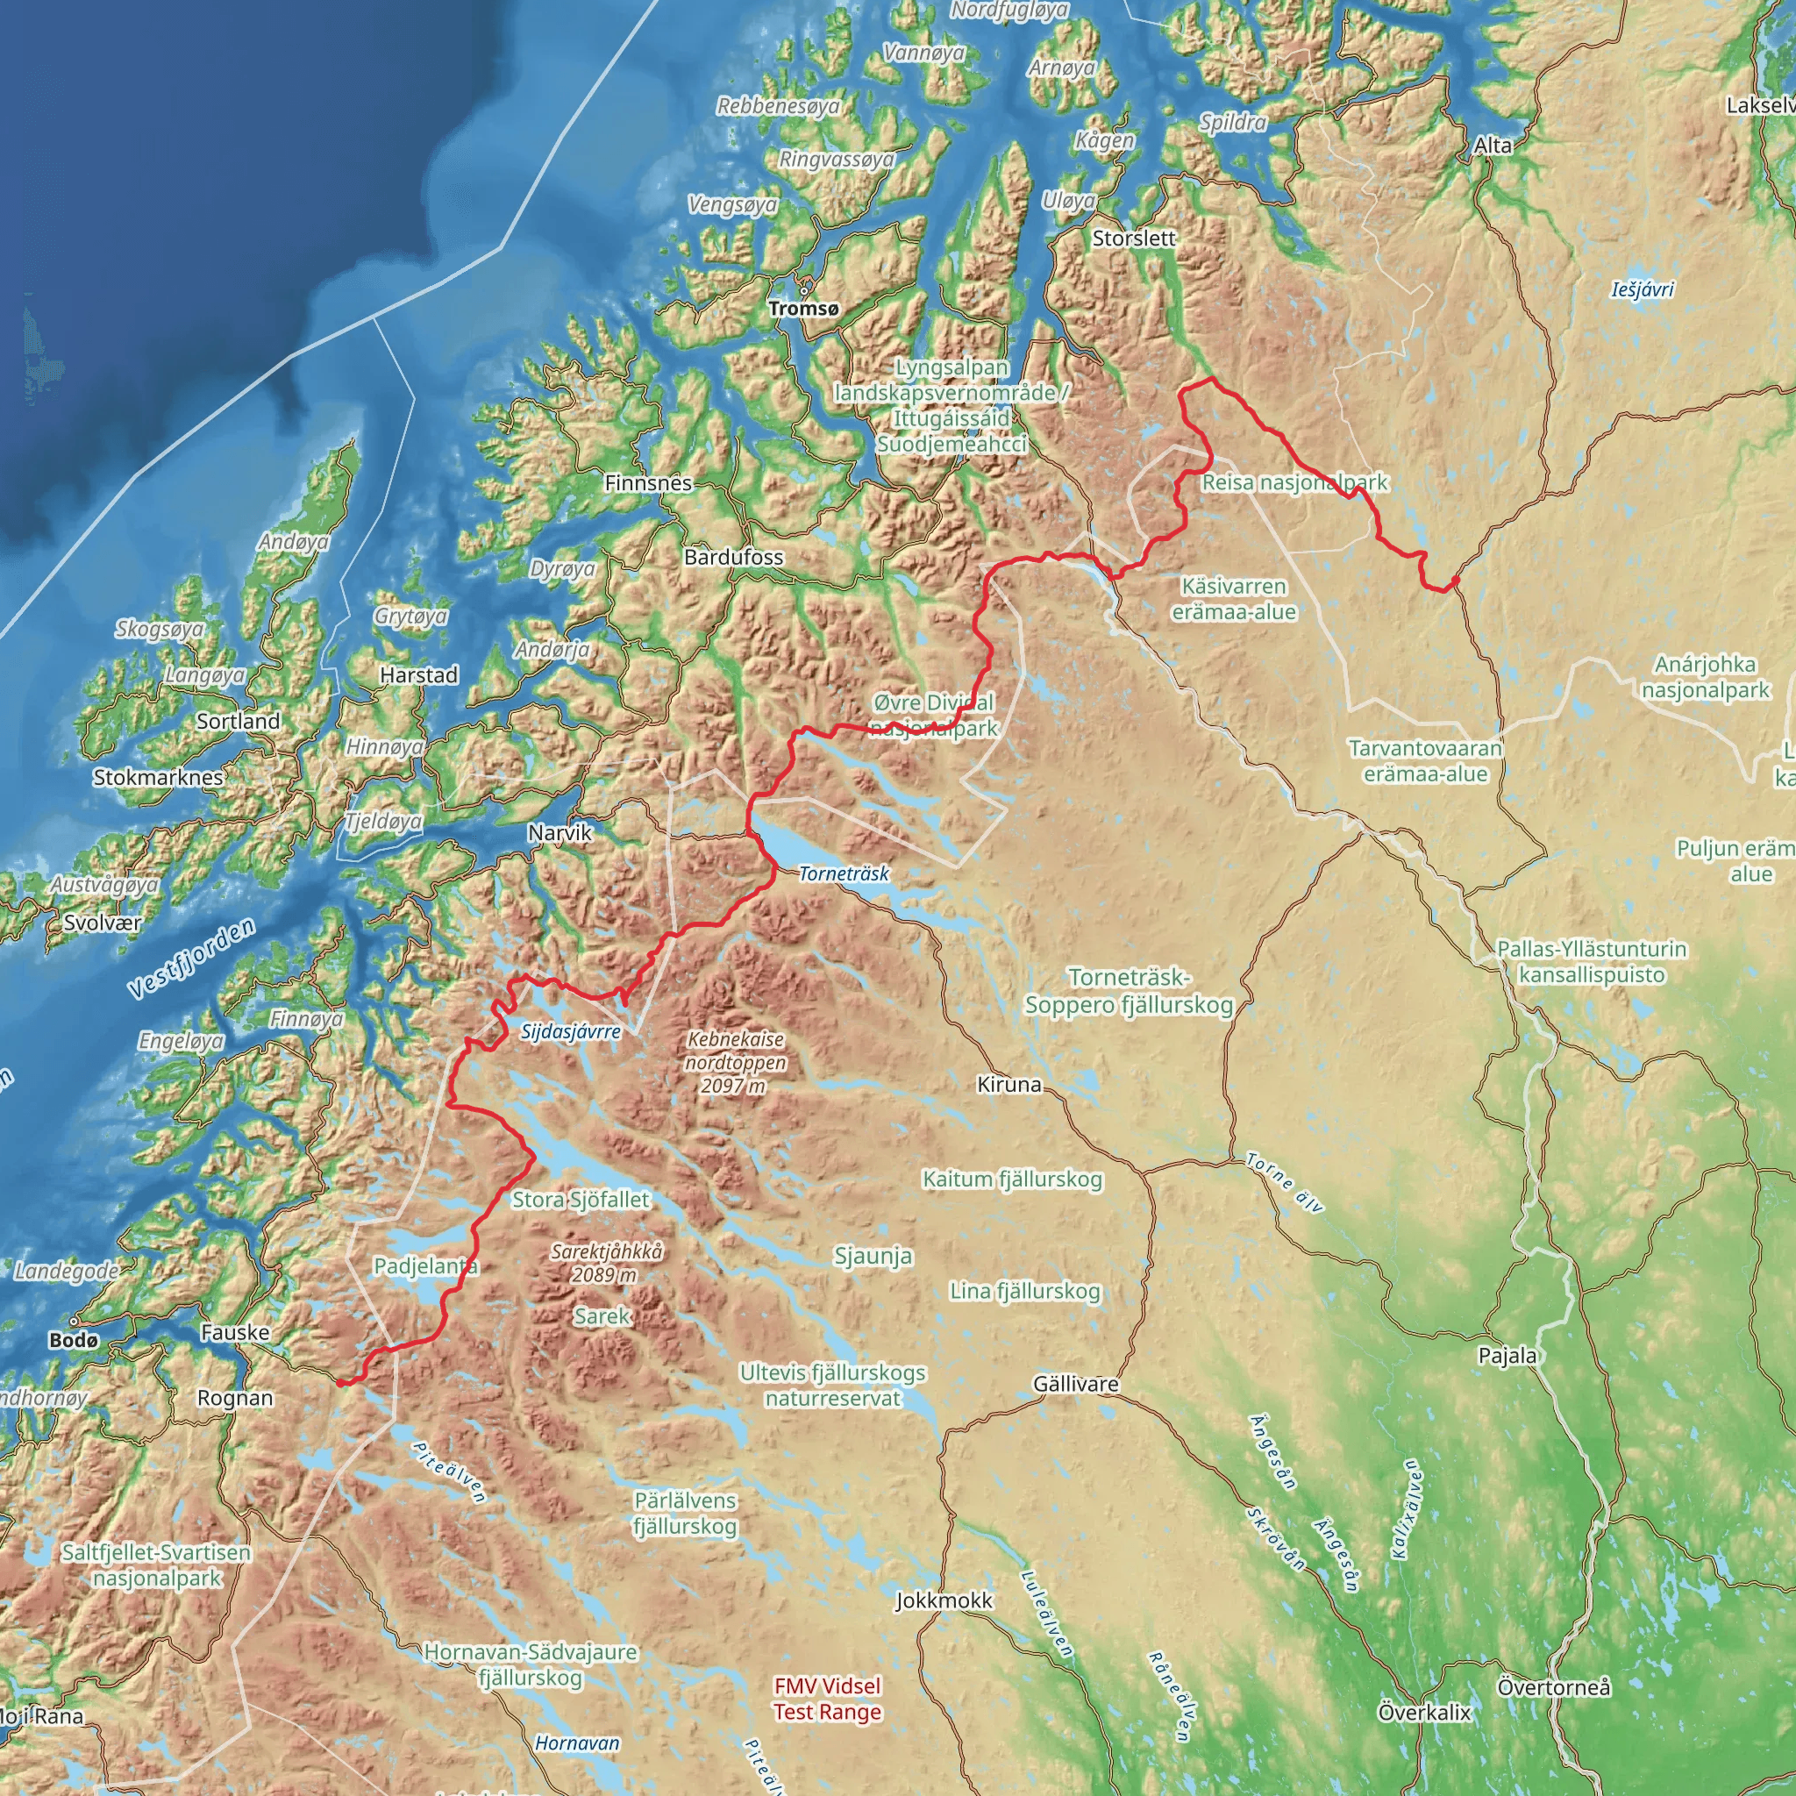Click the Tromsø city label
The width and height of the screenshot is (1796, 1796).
tap(803, 309)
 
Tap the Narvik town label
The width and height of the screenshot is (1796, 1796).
tap(559, 833)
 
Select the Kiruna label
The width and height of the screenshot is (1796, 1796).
tap(1009, 1085)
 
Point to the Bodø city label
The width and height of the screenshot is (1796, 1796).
tap(74, 1340)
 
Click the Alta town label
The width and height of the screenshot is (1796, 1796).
tap(1493, 145)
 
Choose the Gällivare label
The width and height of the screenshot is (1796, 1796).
tap(1075, 1384)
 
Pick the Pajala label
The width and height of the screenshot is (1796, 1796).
tap(1507, 1356)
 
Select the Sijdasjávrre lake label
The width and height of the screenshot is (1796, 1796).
tap(571, 1032)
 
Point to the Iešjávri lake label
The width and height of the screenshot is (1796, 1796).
tap(1643, 290)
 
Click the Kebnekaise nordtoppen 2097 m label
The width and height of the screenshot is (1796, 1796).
tap(735, 1063)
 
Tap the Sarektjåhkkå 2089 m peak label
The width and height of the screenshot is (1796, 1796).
tap(606, 1264)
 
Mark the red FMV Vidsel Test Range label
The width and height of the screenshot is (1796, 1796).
tap(827, 1699)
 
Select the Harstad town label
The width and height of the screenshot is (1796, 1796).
tap(419, 675)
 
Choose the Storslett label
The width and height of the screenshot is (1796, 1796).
tap(1134, 238)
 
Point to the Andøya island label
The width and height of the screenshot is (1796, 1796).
tap(293, 542)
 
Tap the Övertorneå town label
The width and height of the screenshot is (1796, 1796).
tap(1553, 1686)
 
